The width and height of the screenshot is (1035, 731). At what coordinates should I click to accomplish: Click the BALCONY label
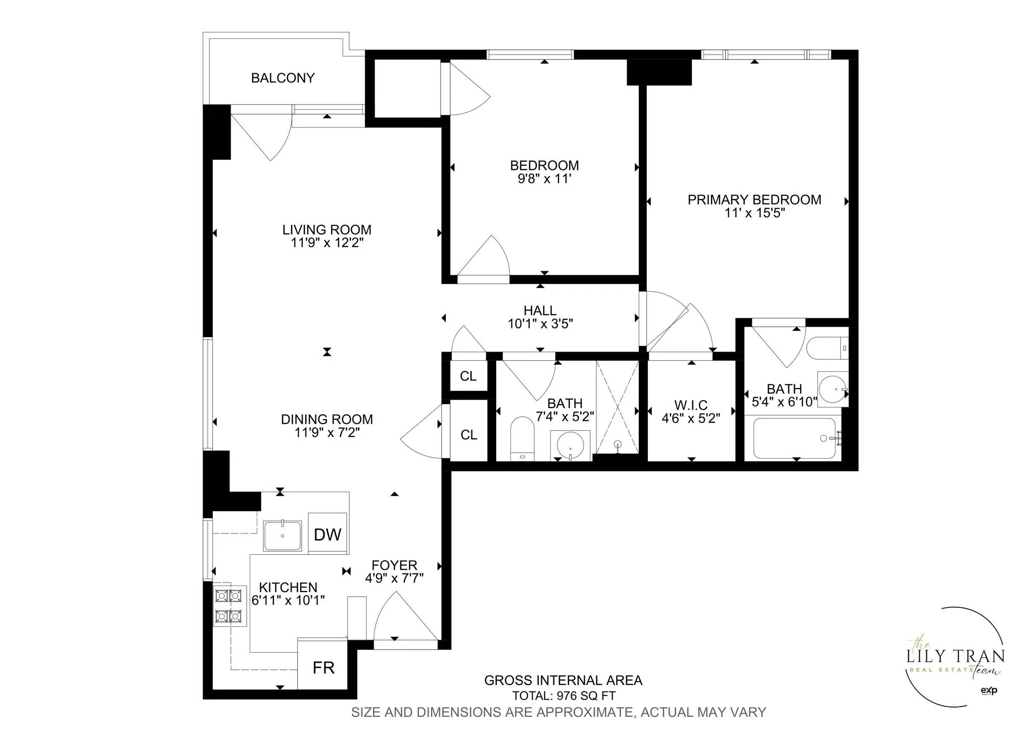pyautogui.click(x=283, y=78)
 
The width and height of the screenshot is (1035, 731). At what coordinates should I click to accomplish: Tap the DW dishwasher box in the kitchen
pyautogui.click(x=327, y=534)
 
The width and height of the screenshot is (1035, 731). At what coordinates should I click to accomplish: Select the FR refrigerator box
pyautogui.click(x=323, y=667)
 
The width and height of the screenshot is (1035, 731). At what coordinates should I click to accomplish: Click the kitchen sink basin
pyautogui.click(x=283, y=536)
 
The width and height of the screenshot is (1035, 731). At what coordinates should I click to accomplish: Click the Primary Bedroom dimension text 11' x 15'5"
pyautogui.click(x=754, y=213)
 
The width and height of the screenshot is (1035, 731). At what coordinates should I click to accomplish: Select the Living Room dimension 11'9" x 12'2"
pyautogui.click(x=327, y=243)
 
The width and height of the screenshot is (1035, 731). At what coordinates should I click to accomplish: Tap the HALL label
pyautogui.click(x=540, y=310)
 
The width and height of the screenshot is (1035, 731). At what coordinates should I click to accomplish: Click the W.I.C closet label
pyautogui.click(x=690, y=405)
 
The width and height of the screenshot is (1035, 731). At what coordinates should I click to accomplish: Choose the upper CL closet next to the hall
pyautogui.click(x=468, y=376)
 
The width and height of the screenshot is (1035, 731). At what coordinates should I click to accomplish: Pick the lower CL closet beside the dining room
pyautogui.click(x=468, y=434)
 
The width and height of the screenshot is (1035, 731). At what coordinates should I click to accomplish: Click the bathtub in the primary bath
pyautogui.click(x=794, y=438)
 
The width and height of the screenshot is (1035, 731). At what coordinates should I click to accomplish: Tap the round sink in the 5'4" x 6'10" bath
pyautogui.click(x=832, y=389)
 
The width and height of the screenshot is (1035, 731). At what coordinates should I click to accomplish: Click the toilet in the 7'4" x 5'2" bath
pyautogui.click(x=522, y=436)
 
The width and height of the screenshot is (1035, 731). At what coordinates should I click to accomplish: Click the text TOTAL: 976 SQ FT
pyautogui.click(x=563, y=696)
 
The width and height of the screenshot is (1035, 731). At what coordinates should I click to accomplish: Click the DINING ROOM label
pyautogui.click(x=326, y=419)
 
